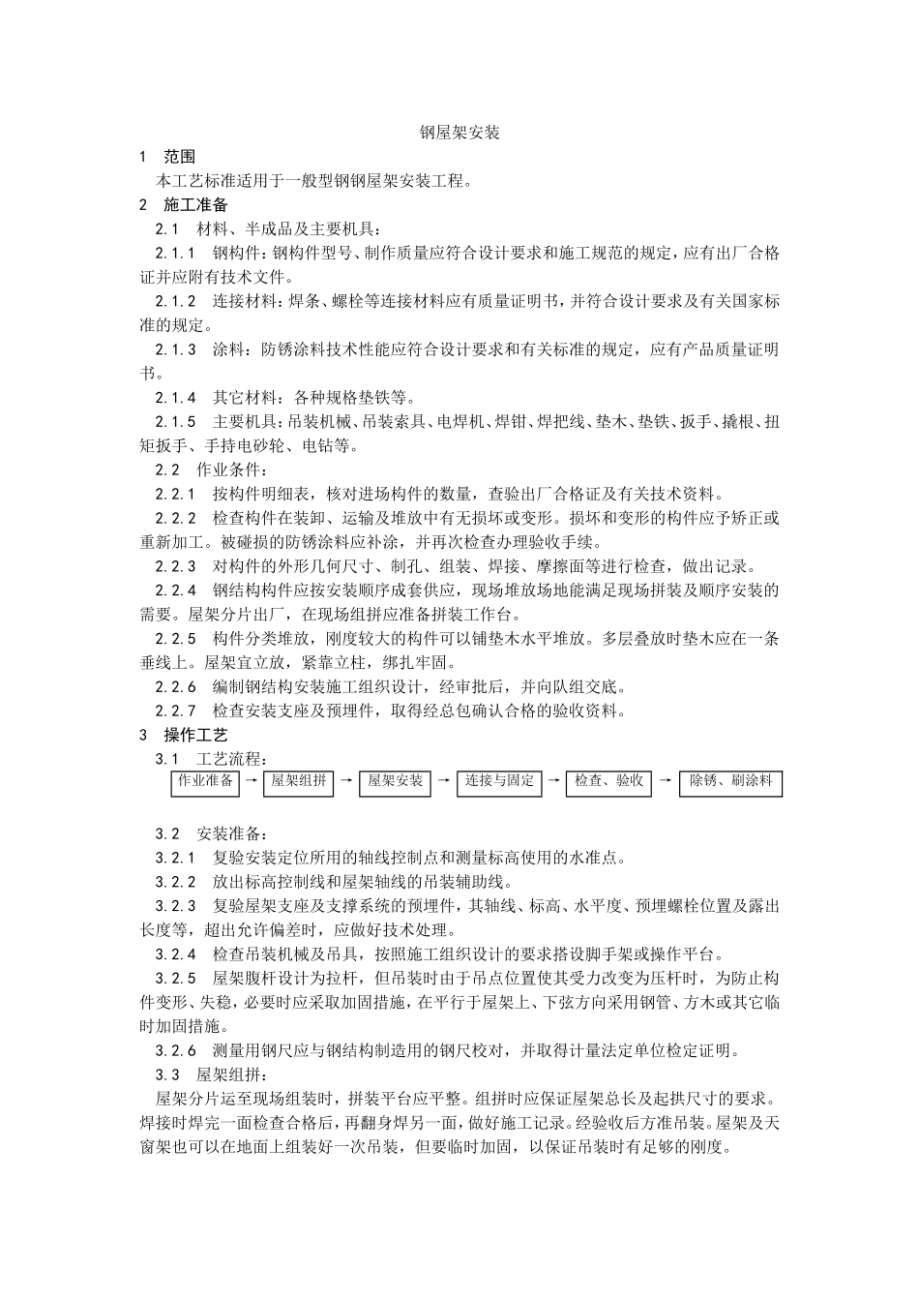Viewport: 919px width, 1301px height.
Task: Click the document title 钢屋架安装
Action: point(459,133)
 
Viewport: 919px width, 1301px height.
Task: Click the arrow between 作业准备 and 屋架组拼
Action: point(251,780)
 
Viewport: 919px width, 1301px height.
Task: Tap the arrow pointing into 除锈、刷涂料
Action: point(666,780)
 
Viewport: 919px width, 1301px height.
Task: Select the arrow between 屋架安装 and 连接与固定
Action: point(443,780)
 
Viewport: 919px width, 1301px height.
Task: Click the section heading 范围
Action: point(180,157)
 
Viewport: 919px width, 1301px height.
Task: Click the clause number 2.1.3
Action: point(176,349)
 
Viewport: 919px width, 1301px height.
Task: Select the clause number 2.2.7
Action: point(176,711)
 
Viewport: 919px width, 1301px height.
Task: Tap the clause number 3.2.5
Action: point(176,978)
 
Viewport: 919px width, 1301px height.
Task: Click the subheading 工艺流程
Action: point(232,759)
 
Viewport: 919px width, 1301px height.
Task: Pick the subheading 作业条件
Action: point(232,470)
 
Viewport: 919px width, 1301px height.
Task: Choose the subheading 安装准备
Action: point(232,833)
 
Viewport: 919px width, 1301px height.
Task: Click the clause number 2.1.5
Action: point(176,422)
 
